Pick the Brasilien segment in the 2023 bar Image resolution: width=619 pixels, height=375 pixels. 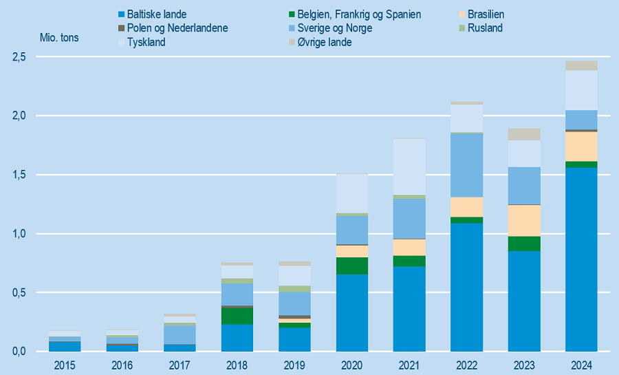pos(524,220)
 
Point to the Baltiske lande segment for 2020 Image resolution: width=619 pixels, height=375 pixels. pos(352,313)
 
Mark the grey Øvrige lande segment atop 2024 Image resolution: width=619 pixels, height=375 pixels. pos(581,65)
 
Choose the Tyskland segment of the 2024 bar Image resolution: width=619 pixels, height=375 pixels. pos(581,90)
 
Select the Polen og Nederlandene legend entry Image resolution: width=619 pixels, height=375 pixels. pos(177,28)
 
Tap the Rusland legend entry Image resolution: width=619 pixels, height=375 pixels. pos(484,28)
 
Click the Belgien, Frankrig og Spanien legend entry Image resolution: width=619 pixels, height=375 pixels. pos(359,14)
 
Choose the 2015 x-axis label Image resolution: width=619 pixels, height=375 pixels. pos(66,365)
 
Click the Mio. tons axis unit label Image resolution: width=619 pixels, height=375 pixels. pos(59,38)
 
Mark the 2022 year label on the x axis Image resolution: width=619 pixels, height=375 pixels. pos(467,365)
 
